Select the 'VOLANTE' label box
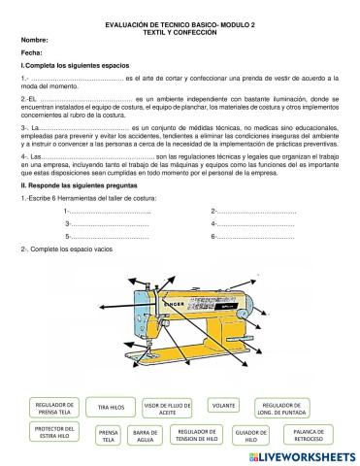tap(223, 405)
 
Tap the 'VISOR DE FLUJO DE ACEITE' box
tap(166, 407)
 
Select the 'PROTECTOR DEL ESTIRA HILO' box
tap(53, 432)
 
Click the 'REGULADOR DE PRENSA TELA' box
tap(53, 407)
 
